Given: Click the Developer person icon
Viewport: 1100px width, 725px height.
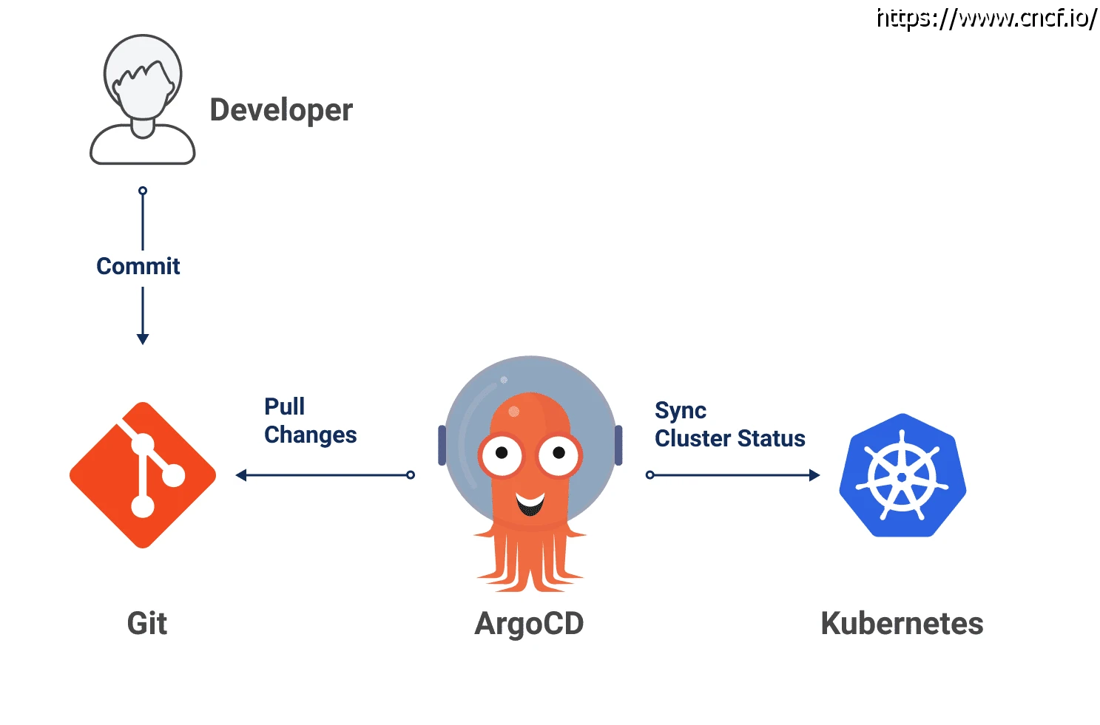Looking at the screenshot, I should pos(143,100).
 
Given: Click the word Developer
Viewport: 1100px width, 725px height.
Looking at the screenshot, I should pos(281,110).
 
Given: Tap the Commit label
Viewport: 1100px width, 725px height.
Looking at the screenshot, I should pos(138,266).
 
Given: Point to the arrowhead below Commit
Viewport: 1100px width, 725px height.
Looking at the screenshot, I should pos(143,338).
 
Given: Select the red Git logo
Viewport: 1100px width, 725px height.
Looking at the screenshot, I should pos(143,475).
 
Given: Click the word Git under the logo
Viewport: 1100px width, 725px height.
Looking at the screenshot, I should pos(147,623).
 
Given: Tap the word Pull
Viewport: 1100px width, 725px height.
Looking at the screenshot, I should pos(284,406).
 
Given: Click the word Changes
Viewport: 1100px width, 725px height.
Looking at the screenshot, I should pos(311,435).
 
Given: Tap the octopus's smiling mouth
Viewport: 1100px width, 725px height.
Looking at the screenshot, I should pos(530,505).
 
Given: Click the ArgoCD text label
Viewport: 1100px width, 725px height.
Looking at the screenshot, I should pos(529,623).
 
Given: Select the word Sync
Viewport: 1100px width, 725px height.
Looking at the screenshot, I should pos(681,410).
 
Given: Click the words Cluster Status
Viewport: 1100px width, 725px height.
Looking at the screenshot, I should pos(730,438).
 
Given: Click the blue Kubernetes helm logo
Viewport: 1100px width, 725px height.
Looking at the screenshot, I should pos(902,475).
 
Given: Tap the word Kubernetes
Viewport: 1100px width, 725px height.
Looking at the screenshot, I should pos(902,623).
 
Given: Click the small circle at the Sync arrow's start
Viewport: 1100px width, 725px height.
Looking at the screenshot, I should pos(650,475).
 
